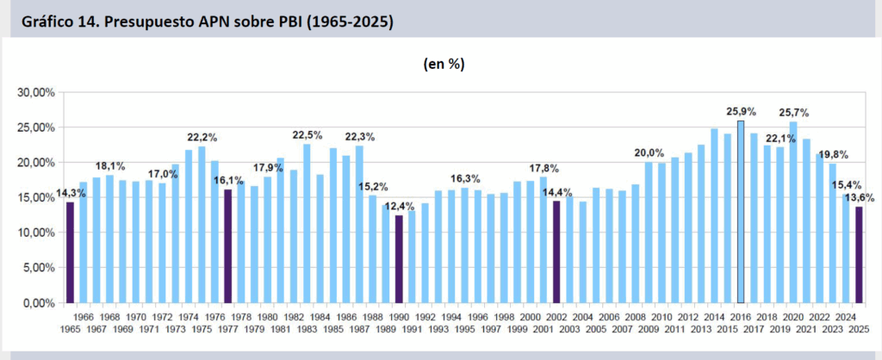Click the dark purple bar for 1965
pos(71,252)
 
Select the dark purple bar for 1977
pos(228,246)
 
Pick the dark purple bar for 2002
pos(556,252)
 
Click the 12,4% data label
pos(398,206)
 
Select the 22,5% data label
pos(307,135)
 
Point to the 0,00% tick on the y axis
pos(40,303)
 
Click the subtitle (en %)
pos(445,64)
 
